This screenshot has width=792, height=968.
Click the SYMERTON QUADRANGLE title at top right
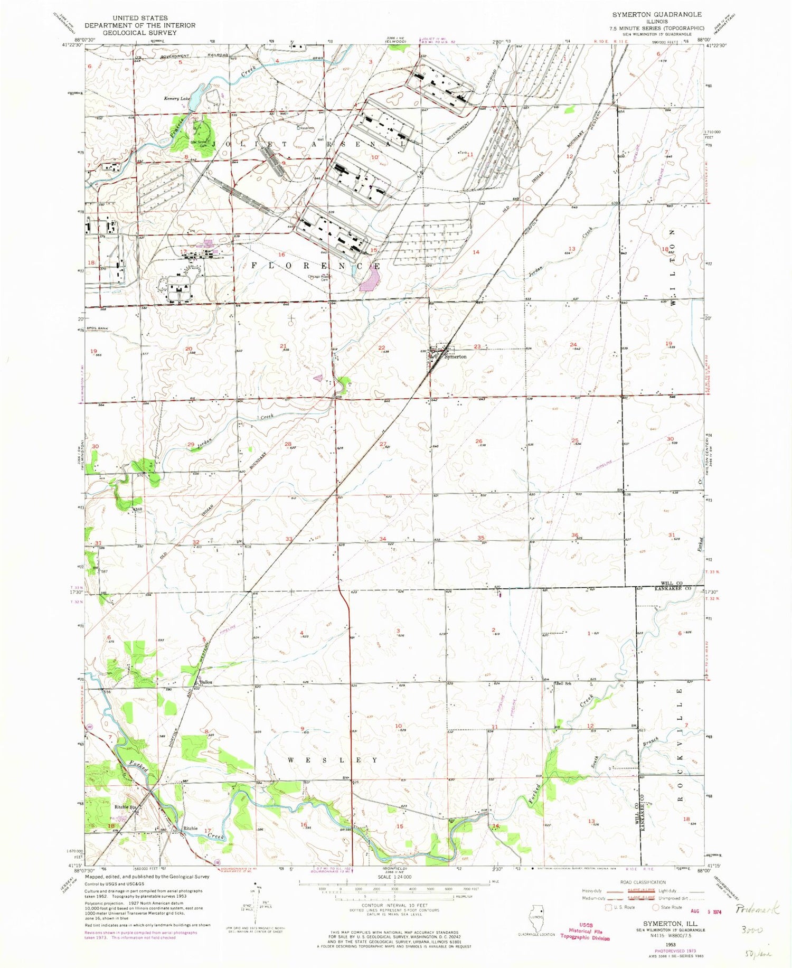[657, 14]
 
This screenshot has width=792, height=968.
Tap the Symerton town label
[455, 356]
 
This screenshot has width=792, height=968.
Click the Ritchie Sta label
[126, 807]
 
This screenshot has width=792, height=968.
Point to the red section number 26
[478, 441]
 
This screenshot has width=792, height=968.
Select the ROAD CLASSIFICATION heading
[643, 882]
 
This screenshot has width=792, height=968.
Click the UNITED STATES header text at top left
[140, 18]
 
